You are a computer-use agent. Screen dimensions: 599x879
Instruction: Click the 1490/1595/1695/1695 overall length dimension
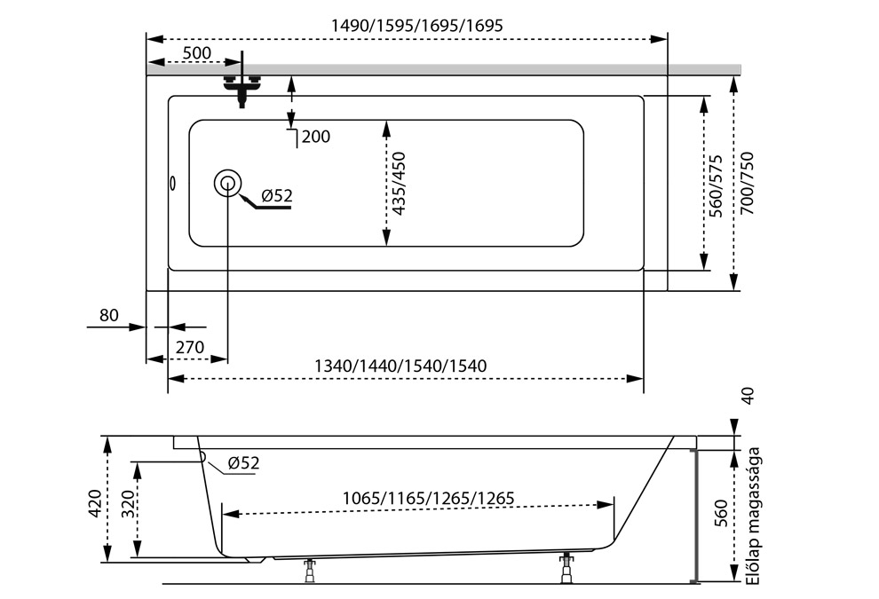pos(416,26)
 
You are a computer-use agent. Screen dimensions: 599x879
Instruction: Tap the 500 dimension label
pos(196,53)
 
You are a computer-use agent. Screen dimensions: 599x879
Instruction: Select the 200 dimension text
pos(315,137)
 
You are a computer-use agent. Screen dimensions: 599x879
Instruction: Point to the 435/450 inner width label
pos(400,184)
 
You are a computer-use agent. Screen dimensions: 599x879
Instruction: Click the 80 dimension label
pos(108,315)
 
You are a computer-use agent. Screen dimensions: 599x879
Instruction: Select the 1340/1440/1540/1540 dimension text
pos(400,366)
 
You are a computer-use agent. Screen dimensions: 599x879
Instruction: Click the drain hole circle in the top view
pos(227,184)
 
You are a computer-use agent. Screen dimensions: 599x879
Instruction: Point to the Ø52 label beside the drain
pos(276,196)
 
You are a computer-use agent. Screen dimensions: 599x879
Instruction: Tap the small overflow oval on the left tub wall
pos(173,185)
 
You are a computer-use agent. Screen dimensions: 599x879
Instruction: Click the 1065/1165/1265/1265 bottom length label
pos(428,499)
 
